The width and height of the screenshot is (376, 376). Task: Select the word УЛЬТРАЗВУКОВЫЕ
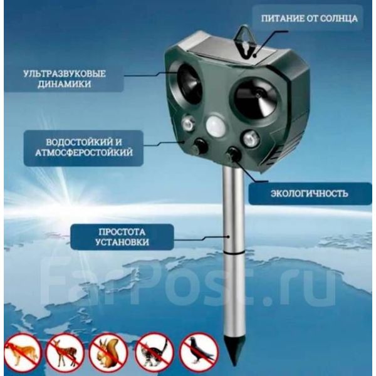coord(65,73)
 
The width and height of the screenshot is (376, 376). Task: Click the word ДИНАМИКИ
coord(65,84)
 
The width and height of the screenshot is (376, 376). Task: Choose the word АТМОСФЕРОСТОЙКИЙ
coord(84,152)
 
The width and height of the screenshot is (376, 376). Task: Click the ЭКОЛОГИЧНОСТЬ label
coord(309,194)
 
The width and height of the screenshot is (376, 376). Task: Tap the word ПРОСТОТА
coord(122,232)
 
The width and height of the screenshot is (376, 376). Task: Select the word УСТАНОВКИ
coord(122,242)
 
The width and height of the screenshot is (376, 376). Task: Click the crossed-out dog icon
coord(23,352)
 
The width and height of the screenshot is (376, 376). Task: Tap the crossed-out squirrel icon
coord(109,352)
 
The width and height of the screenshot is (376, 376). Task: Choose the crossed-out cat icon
coord(154,352)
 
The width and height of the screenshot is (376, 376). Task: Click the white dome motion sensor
coord(216,127)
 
